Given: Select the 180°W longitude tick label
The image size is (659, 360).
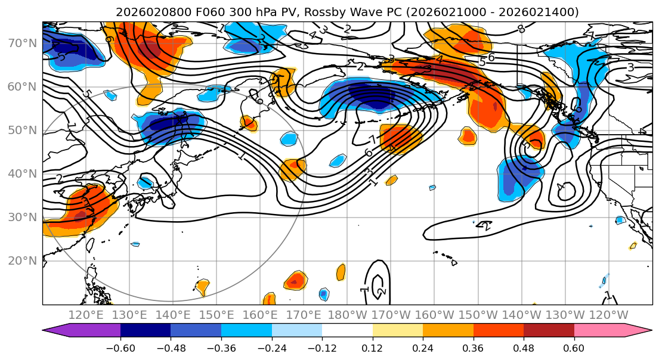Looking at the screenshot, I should (x=347, y=315).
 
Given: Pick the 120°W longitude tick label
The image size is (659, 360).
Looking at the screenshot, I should (x=609, y=315).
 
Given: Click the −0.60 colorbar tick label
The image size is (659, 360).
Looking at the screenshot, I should (x=120, y=348).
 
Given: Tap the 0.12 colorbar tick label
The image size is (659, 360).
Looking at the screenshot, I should (x=372, y=348).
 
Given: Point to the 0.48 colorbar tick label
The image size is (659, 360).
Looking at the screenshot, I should (x=523, y=348).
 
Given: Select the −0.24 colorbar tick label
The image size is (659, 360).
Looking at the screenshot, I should (x=271, y=348).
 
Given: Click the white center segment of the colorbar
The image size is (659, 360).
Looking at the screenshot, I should (x=347, y=332).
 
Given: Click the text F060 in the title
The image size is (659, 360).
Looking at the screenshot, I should (x=208, y=12).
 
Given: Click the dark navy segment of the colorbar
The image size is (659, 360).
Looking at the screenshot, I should (x=146, y=332).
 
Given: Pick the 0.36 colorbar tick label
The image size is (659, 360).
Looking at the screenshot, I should (x=473, y=348).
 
